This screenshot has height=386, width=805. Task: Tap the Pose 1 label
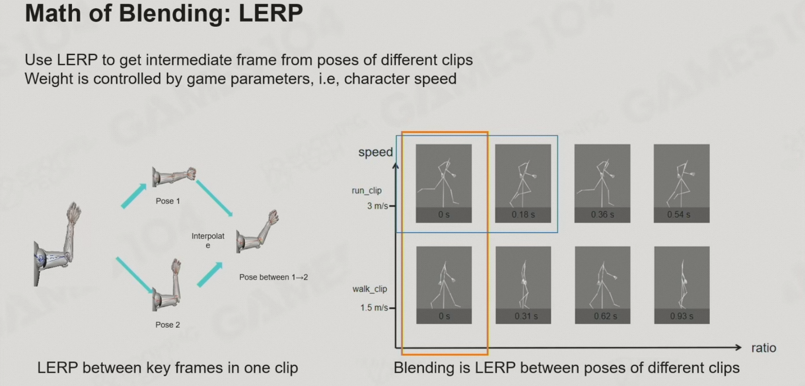(x=168, y=201)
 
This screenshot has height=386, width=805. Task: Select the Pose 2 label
(x=168, y=325)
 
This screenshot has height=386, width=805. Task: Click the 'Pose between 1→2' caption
(x=274, y=277)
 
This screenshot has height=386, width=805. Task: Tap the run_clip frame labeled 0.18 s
(x=523, y=183)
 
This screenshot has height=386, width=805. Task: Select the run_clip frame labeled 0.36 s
(x=602, y=183)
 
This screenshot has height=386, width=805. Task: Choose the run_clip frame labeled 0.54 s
(x=681, y=183)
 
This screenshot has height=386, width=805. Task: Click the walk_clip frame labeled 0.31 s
(x=523, y=285)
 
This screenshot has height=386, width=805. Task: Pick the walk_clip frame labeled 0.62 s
(x=602, y=285)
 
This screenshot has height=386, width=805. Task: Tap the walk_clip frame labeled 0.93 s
(x=681, y=285)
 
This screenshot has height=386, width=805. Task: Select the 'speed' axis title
(x=375, y=152)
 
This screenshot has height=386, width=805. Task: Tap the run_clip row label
(x=367, y=190)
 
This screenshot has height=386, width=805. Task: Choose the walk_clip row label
(x=369, y=289)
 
